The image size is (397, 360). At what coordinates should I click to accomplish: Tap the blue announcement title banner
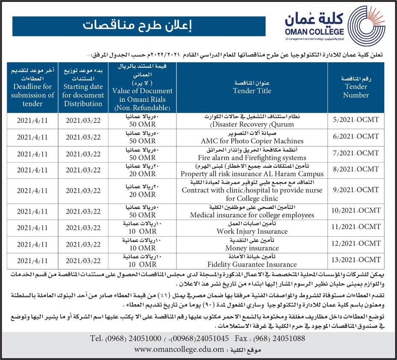pos(140,26)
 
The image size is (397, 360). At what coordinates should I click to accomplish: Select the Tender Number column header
pos(356,87)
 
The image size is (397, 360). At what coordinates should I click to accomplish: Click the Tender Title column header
pos(252,87)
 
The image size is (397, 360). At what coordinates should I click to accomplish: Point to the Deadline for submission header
pos(32,87)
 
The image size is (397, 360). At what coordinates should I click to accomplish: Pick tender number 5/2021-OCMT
pos(356,120)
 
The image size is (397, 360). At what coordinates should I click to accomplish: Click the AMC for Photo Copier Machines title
pos(252,141)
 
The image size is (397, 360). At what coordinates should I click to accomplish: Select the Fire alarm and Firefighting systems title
pos(252,157)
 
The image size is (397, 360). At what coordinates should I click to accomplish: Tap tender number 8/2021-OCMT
pos(356,170)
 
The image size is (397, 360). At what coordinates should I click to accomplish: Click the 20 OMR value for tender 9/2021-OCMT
pos(143,195)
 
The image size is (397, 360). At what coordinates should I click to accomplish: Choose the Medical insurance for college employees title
pos(252,215)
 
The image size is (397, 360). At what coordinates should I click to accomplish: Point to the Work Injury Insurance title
pos(252,232)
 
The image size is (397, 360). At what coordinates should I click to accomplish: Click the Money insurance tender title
pos(252,248)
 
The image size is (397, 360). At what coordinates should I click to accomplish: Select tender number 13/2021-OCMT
pos(356,260)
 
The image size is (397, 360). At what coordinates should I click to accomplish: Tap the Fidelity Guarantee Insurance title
pos(252,264)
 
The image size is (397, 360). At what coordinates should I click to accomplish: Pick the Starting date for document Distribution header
pos(83,87)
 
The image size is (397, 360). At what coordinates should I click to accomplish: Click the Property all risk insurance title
pos(252,174)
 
